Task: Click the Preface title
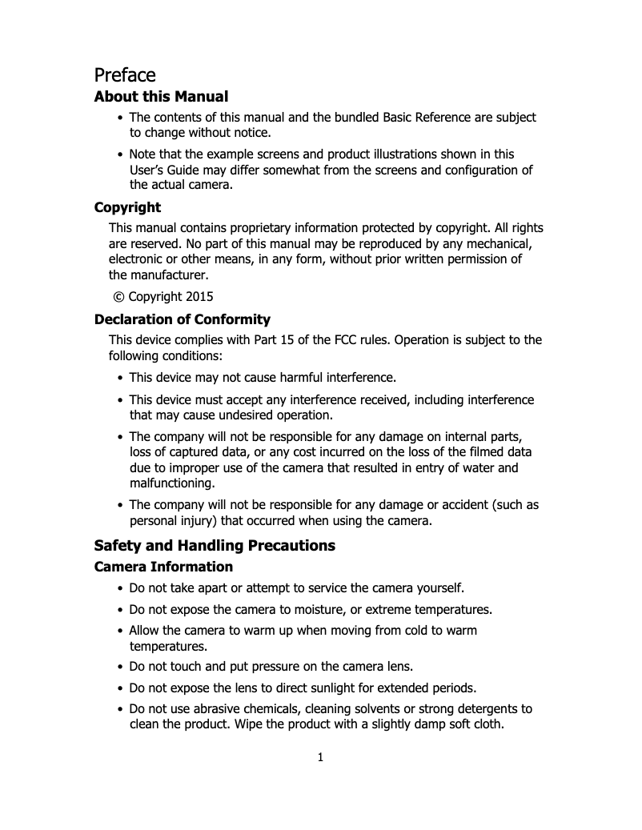(124, 75)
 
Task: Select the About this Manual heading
(161, 97)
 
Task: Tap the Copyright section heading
(127, 207)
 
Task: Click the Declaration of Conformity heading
(182, 320)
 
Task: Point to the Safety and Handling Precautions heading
(215, 546)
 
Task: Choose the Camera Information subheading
(163, 567)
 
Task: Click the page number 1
(320, 758)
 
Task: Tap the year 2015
(199, 296)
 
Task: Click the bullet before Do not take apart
(120, 588)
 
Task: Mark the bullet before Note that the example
(120, 154)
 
